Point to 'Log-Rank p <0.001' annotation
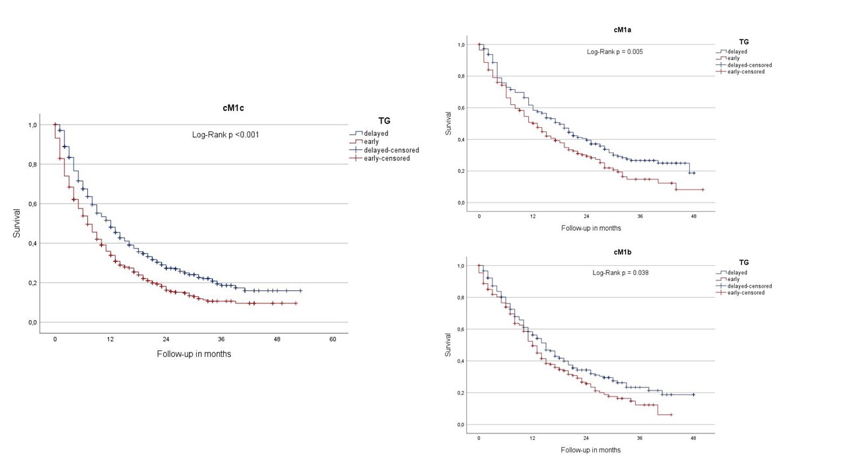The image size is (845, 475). [224, 135]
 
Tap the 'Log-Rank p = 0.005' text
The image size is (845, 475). [615, 51]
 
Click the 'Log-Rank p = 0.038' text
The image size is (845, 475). [620, 272]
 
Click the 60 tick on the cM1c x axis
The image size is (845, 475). [333, 339]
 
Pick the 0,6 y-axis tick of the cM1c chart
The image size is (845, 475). [32, 204]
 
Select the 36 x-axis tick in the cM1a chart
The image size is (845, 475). [640, 216]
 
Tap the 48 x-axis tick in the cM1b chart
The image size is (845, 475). [693, 438]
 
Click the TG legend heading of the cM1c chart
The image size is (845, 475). [384, 121]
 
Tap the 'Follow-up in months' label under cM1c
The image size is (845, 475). [194, 354]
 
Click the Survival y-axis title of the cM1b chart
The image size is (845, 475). [448, 344]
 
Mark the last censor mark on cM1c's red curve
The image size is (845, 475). [295, 303]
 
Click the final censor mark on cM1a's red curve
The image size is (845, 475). [702, 190]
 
